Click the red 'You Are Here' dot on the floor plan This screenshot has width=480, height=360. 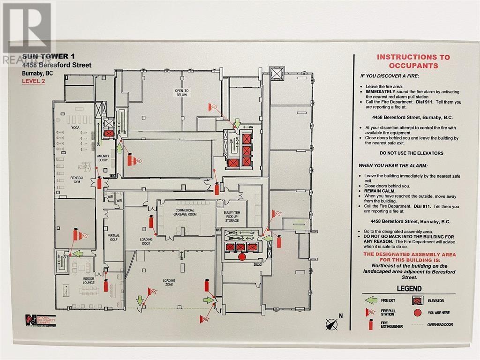242,257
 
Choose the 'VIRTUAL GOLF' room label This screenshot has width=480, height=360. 113,238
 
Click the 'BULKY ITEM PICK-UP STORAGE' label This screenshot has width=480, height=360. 232,216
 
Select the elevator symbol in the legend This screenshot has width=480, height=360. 417,300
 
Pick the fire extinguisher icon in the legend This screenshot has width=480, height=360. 371,325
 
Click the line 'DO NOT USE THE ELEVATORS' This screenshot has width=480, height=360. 411,153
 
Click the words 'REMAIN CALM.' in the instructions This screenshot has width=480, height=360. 380,191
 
